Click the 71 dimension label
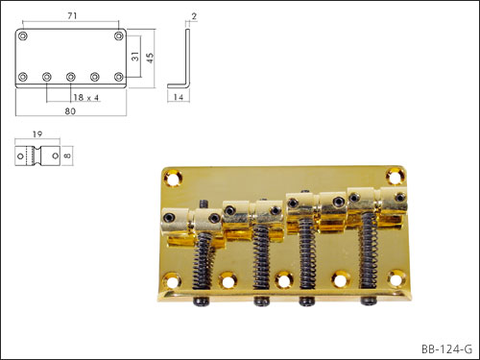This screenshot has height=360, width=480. pos(72,15)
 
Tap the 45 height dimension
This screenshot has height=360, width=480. pos(150,58)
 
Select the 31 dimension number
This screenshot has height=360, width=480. pos(135,57)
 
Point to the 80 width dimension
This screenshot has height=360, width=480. pos(70,111)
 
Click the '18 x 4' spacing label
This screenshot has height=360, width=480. pos(86,97)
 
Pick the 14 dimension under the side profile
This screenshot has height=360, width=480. pos(179,97)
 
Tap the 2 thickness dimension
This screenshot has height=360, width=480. pos(194,16)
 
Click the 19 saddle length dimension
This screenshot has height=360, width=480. pos(37,134)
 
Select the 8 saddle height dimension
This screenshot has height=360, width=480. pos(67,156)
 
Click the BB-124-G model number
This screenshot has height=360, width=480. pos(446,349)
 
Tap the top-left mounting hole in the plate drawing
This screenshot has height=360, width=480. pos(23,36)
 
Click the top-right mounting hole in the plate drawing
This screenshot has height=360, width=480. pos(119,36)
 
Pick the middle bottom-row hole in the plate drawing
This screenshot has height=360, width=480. pos(71,77)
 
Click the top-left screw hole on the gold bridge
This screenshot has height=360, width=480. pos(173,178)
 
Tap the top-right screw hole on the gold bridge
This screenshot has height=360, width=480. pos(396,176)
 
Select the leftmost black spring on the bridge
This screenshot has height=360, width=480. pos(203,260)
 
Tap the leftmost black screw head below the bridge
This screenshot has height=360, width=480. pos(201,300)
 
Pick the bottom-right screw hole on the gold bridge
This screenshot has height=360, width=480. pos(396,277)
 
